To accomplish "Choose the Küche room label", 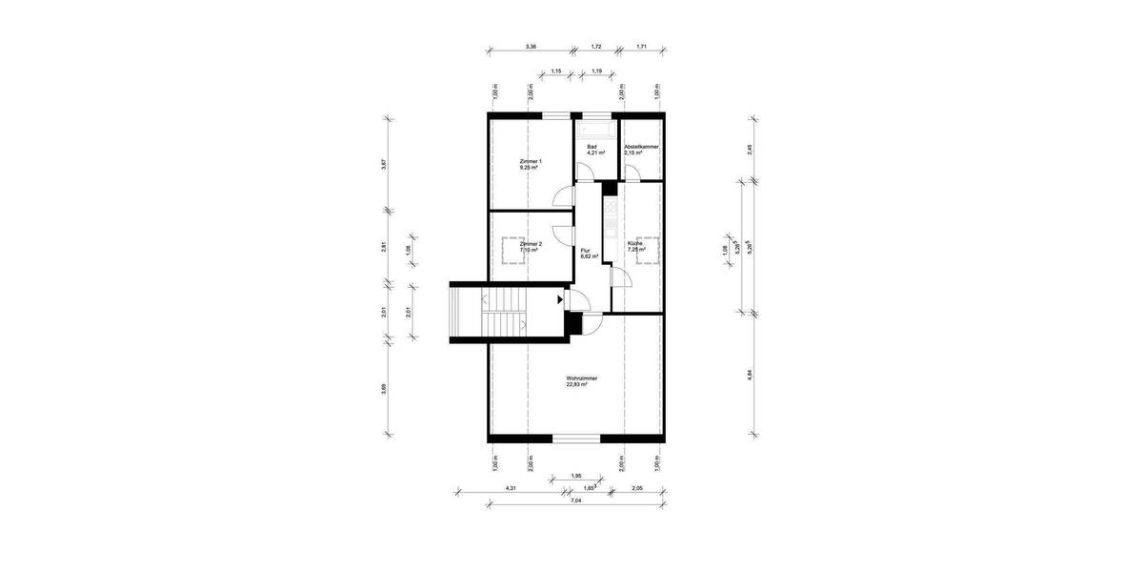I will coord(635,247).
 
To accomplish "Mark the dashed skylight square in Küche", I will coord(648,248).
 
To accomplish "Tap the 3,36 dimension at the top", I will coord(531,46).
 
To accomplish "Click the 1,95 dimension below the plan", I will coord(576,476).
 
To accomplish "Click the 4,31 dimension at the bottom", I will coord(511,489).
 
